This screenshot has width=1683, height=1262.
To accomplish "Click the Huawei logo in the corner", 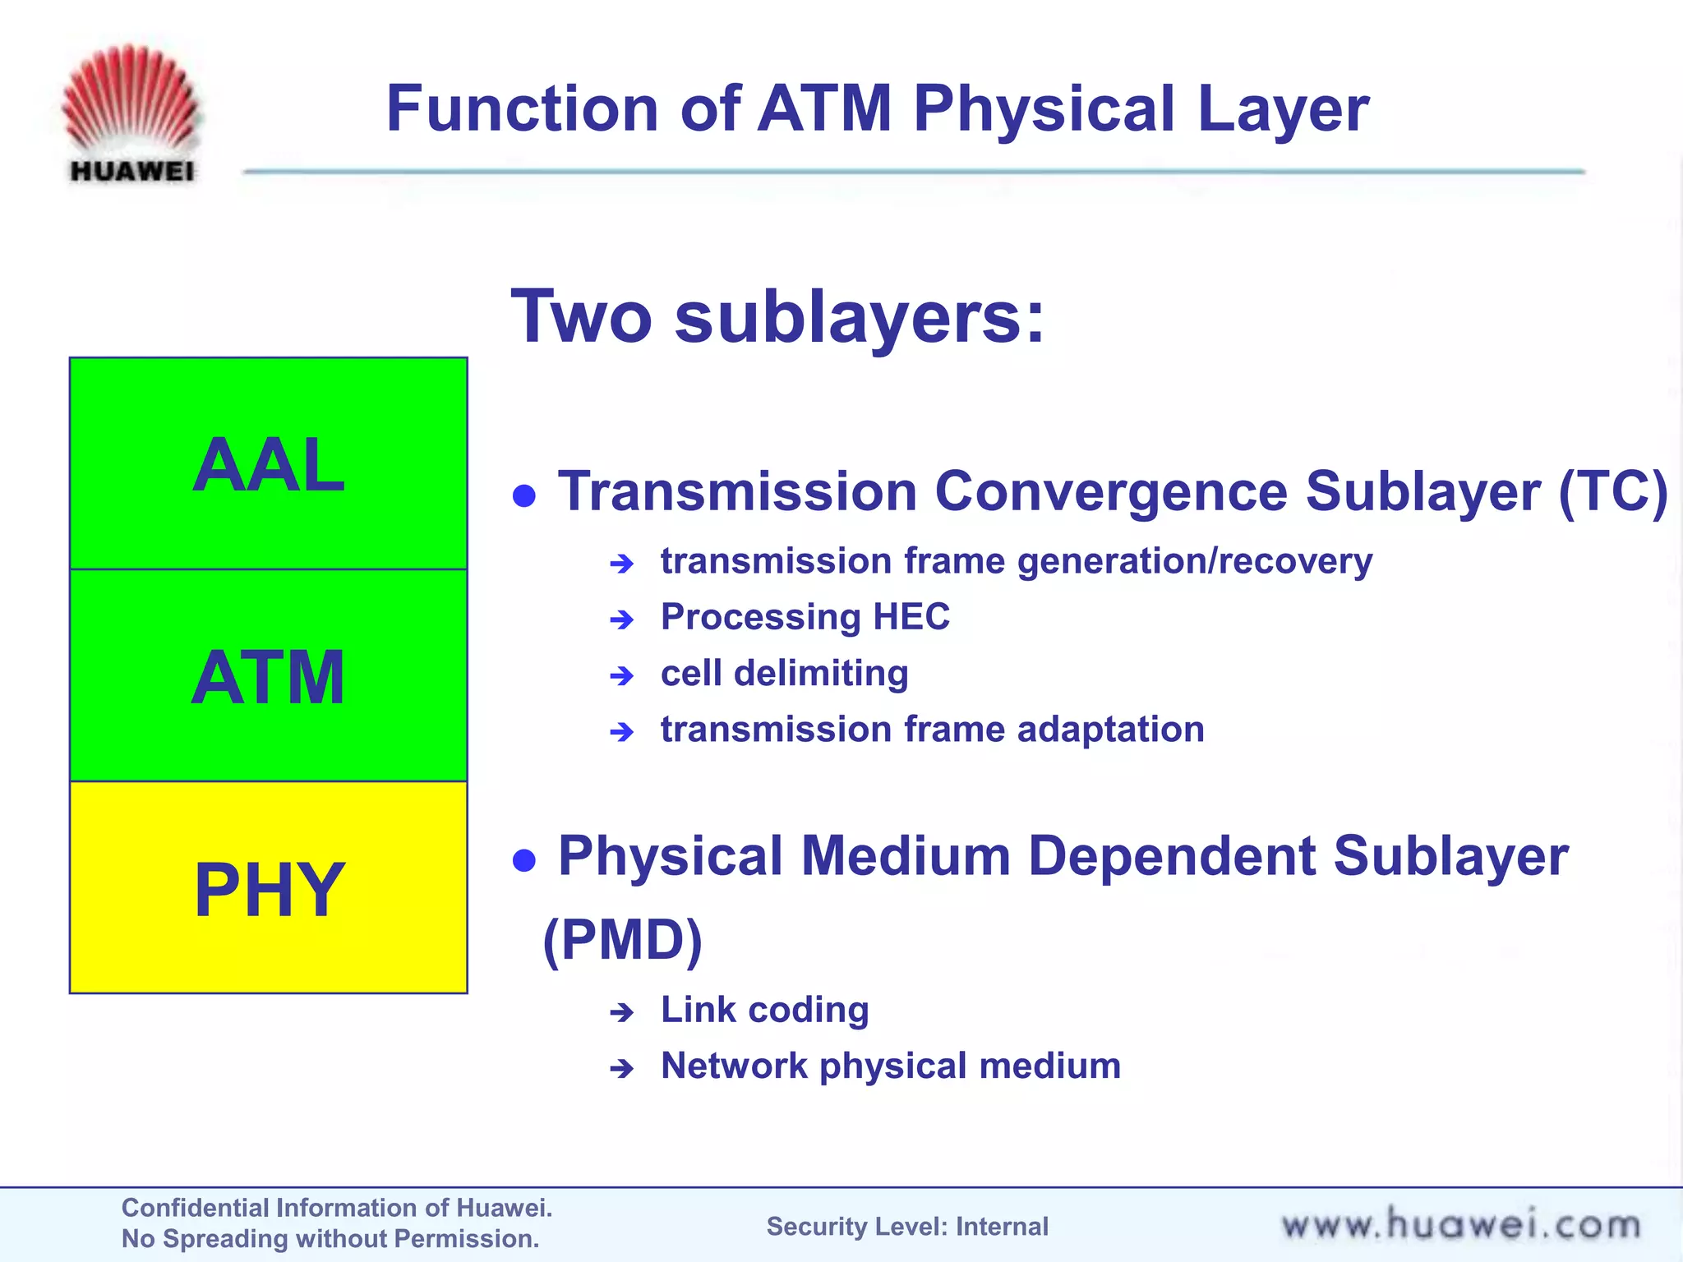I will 131,113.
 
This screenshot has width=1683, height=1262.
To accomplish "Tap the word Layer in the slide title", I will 1283,110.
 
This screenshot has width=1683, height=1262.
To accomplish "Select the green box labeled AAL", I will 269,464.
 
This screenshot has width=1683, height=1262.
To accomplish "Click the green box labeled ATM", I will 269,675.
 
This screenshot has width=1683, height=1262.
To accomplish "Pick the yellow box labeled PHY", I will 269,888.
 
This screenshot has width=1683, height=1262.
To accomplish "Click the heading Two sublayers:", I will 777,317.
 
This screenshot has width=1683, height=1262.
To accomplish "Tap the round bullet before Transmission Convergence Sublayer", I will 524,495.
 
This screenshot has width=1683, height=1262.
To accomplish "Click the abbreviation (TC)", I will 1612,492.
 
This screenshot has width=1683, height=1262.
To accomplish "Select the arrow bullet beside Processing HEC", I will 622,619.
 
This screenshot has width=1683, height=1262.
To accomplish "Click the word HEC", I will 911,617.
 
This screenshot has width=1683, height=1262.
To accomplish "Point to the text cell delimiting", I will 784,674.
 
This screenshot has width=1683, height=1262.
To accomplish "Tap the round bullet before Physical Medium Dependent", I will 524,860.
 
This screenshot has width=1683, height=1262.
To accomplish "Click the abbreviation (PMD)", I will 623,940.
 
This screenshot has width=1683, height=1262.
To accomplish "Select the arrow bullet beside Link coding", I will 622,1012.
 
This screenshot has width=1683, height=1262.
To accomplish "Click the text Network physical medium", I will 891,1066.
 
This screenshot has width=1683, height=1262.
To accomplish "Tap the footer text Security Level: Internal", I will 907,1227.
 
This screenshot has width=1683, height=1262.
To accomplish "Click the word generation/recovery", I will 1194,562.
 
